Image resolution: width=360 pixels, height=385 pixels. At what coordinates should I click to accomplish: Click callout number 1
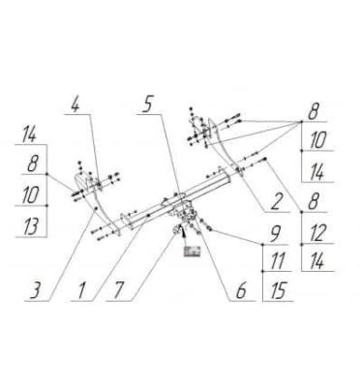pos(81,290)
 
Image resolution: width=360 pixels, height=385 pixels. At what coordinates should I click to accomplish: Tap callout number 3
pos(35,289)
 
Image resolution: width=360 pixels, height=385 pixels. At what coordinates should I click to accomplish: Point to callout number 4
pos(75,104)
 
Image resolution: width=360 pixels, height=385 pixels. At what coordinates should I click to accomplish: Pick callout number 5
pos(147,104)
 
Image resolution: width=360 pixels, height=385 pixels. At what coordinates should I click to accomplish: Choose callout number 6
pos(241,290)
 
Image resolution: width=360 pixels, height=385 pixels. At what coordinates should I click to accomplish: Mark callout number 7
pos(118,289)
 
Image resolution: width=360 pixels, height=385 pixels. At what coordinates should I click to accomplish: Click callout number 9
pos(275,234)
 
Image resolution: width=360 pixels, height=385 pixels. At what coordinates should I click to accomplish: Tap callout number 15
pos(277,290)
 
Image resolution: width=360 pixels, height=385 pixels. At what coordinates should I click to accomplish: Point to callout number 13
pos(31,225)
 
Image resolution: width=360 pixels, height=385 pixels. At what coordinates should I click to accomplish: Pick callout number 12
pos(317,233)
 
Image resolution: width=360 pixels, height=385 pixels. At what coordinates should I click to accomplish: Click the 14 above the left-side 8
pos(29,134)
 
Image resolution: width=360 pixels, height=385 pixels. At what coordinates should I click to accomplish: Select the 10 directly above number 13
pos(30,194)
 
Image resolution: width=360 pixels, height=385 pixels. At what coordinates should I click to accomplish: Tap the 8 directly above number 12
pos(313,201)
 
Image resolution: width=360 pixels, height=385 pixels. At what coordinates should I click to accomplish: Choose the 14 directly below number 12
pos(317,260)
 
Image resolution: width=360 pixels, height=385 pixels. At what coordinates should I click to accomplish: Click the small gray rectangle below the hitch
pos(192,252)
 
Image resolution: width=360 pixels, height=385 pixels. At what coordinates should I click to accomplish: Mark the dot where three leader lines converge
pos(301,122)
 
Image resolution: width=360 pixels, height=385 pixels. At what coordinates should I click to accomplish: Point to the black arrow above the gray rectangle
pos(184,232)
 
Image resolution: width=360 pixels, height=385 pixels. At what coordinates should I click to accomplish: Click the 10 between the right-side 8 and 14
pos(317,140)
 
